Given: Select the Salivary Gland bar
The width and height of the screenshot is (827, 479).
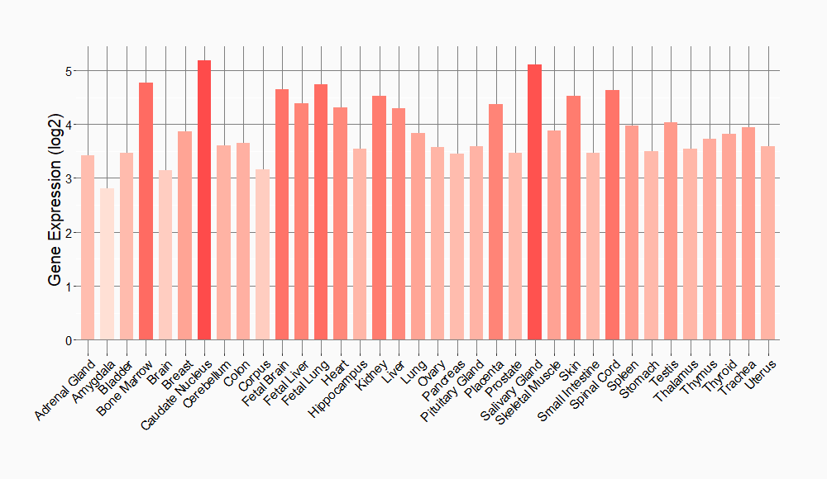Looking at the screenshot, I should click(x=535, y=202).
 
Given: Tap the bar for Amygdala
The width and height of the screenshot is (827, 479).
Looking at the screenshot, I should click(x=107, y=264).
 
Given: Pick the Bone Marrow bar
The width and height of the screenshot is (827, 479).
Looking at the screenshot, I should click(x=146, y=211).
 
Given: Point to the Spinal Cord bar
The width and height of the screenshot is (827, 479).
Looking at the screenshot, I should click(x=613, y=215).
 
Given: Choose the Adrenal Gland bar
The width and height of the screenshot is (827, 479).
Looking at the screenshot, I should click(x=88, y=248).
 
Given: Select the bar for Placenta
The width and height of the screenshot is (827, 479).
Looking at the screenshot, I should click(x=496, y=222).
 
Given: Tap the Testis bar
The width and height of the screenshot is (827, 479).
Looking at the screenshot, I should click(x=671, y=231).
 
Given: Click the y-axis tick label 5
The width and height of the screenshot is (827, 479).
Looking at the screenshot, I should click(x=69, y=71).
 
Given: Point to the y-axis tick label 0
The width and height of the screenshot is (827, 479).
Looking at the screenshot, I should click(x=69, y=340).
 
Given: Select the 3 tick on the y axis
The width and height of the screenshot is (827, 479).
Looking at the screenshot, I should click(x=69, y=178).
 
